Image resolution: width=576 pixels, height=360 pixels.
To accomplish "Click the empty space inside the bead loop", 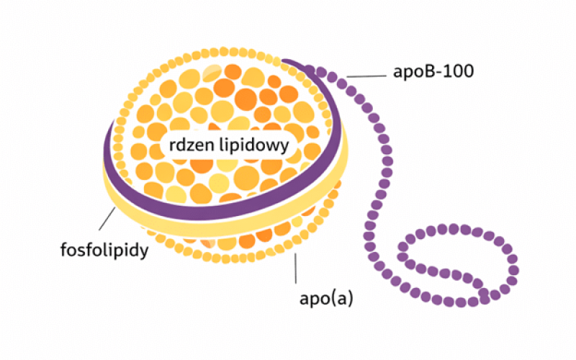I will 461,263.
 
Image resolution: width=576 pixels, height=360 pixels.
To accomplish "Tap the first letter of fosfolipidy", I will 64,251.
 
